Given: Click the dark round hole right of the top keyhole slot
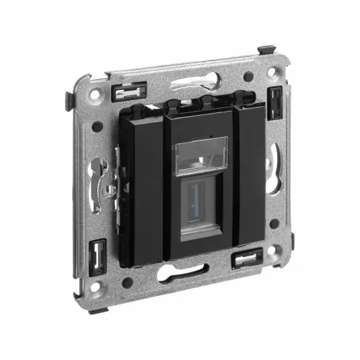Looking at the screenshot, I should pos(247,76).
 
